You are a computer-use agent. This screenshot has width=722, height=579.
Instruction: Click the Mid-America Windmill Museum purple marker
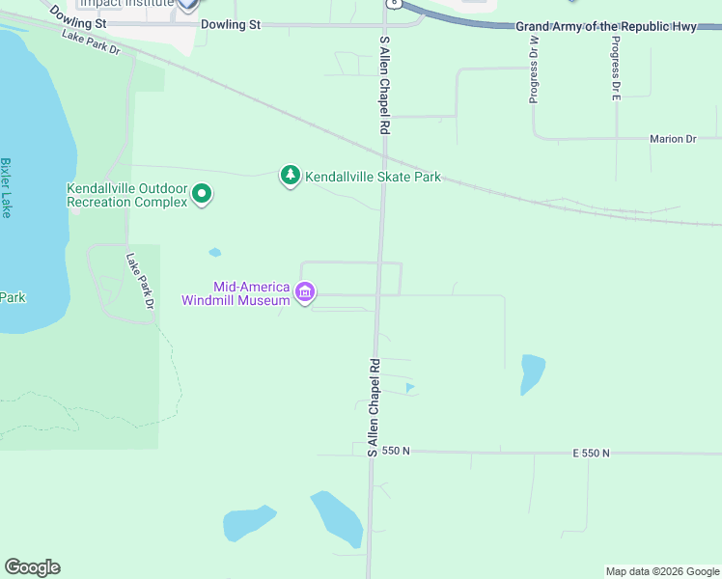point(305,291)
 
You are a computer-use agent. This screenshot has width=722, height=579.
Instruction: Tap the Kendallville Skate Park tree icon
point(291,176)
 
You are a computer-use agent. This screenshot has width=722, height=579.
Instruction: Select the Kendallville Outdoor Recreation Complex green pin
point(202,195)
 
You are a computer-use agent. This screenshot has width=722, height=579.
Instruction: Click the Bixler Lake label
point(6,188)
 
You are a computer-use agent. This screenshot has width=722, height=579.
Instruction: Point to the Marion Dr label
point(673,139)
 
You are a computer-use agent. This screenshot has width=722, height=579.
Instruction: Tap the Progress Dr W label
point(533,75)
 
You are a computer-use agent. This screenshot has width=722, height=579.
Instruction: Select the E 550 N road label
point(591,453)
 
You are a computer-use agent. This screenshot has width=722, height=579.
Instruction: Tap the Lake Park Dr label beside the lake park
point(140,282)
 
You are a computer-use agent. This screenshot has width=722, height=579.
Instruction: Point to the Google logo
point(32,567)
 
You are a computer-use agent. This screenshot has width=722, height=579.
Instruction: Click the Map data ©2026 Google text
point(662,571)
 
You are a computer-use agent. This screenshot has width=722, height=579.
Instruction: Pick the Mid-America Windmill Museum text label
point(237,293)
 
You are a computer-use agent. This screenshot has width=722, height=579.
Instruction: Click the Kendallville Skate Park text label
point(373,177)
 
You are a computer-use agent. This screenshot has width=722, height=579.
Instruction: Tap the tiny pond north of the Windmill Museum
point(214,253)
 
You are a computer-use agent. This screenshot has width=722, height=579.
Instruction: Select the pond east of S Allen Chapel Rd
point(531,373)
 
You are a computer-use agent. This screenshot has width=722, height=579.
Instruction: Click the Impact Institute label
point(125,4)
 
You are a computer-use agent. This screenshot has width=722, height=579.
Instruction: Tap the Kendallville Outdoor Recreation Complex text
point(125,195)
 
